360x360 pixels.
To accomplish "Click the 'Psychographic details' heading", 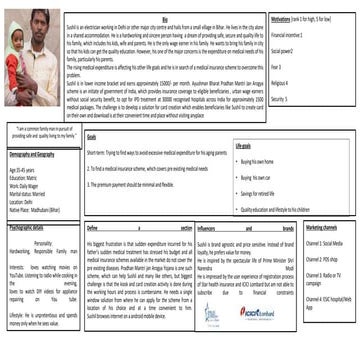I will [30, 228].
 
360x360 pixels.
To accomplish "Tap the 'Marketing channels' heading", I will [320, 228].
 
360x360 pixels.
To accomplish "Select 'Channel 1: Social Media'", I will [325, 244].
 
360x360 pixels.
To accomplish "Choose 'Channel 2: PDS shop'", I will [322, 258].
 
